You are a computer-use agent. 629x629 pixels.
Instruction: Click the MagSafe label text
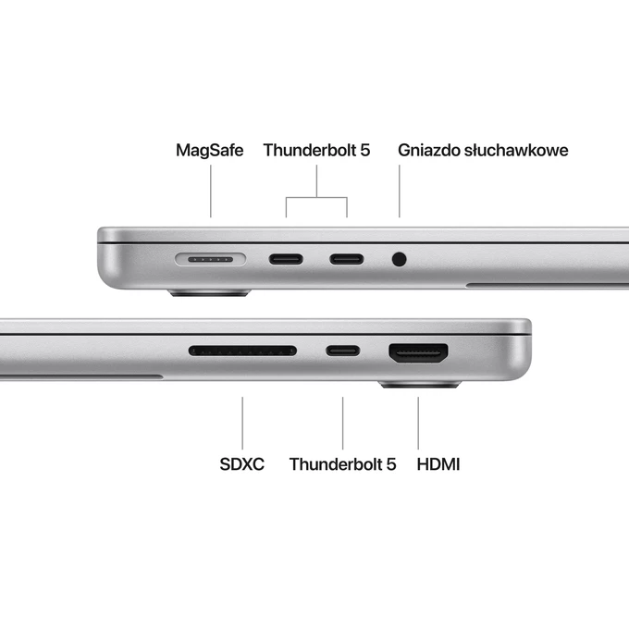pyautogui.click(x=209, y=150)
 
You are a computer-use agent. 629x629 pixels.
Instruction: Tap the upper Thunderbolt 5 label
pyautogui.click(x=316, y=150)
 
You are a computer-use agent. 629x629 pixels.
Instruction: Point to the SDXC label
pyautogui.click(x=241, y=463)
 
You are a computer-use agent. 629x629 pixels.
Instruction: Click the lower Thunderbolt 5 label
pyautogui.click(x=342, y=463)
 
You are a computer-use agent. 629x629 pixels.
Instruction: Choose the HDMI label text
pyautogui.click(x=438, y=463)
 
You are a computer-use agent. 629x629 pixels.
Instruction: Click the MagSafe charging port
pyautogui.click(x=210, y=259)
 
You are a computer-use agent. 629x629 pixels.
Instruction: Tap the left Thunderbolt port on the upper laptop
pyautogui.click(x=286, y=259)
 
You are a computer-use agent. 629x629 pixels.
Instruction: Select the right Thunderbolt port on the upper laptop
pyautogui.click(x=347, y=259)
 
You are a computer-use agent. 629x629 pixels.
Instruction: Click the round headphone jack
pyautogui.click(x=400, y=259)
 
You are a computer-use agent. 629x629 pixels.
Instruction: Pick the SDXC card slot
pyautogui.click(x=242, y=351)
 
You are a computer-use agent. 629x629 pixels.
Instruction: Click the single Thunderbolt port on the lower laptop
pyautogui.click(x=343, y=351)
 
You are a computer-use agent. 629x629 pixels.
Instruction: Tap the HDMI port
pyautogui.click(x=419, y=352)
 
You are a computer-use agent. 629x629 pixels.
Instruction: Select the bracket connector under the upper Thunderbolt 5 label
pyautogui.click(x=316, y=197)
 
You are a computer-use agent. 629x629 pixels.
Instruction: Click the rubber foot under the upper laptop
pyautogui.click(x=209, y=294)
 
